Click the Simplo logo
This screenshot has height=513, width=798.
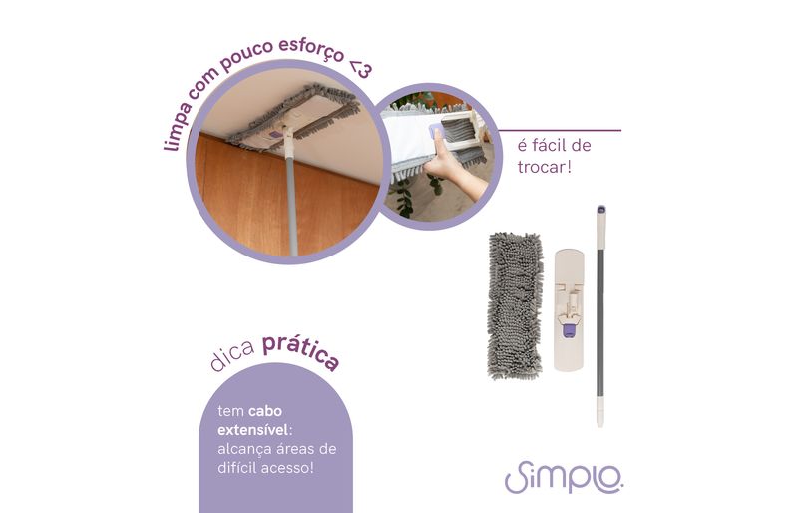click(564, 477)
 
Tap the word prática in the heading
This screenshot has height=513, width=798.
click(301, 352)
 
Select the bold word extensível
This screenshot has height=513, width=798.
click(253, 430)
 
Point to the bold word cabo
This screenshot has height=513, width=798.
click(265, 411)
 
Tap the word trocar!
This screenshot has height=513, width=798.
click(544, 167)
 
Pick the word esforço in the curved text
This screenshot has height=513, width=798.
click(311, 50)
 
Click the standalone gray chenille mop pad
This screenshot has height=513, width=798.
click(514, 305)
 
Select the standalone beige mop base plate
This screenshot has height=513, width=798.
click(569, 309)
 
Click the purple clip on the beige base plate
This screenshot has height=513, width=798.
click(569, 331)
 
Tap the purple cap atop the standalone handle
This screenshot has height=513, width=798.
click(601, 209)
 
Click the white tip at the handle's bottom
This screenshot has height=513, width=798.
click(600, 412)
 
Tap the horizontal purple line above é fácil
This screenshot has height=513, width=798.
click(560, 131)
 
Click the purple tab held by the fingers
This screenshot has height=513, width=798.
click(437, 133)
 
